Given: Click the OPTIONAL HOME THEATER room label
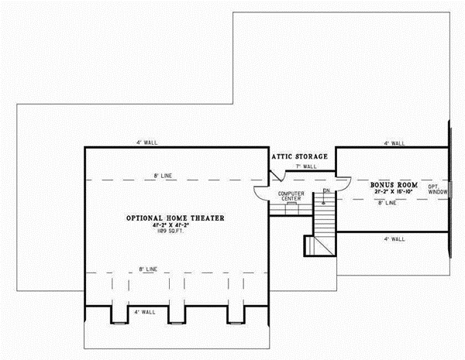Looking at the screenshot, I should pyautogui.click(x=175, y=219).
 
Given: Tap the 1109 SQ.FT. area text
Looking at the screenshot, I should pyautogui.click(x=175, y=232).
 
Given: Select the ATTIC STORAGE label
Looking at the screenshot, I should pyautogui.click(x=299, y=156).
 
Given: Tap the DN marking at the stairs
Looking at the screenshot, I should pyautogui.click(x=327, y=190).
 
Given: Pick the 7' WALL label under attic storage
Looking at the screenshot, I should pyautogui.click(x=304, y=166).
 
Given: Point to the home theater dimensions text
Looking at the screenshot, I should pyautogui.click(x=175, y=226).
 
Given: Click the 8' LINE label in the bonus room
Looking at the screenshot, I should pyautogui.click(x=387, y=204).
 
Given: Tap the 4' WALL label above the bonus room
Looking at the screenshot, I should pyautogui.click(x=394, y=143).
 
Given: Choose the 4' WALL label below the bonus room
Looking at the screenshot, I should pyautogui.click(x=394, y=239).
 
